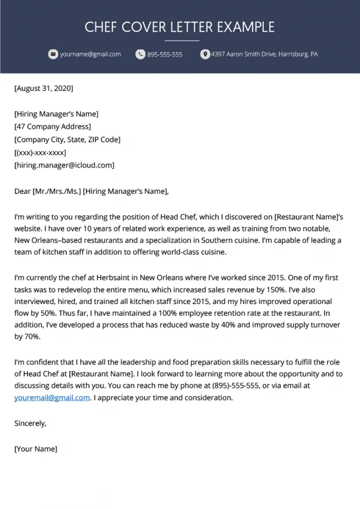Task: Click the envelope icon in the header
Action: (x=53, y=54)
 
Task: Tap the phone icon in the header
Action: (x=140, y=54)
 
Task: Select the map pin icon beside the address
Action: (x=205, y=54)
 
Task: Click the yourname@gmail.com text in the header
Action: (x=90, y=54)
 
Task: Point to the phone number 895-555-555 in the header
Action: (x=164, y=54)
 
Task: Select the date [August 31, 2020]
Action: (x=44, y=88)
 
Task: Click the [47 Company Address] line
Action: (x=52, y=127)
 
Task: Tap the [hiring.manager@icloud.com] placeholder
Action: (x=64, y=165)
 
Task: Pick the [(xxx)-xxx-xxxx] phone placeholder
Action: (x=44, y=152)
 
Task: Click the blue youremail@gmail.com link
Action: (x=52, y=398)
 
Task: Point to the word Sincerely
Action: (x=30, y=423)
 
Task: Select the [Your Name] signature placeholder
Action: (x=35, y=449)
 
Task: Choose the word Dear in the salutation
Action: (x=22, y=191)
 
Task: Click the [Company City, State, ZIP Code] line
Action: (x=67, y=140)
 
